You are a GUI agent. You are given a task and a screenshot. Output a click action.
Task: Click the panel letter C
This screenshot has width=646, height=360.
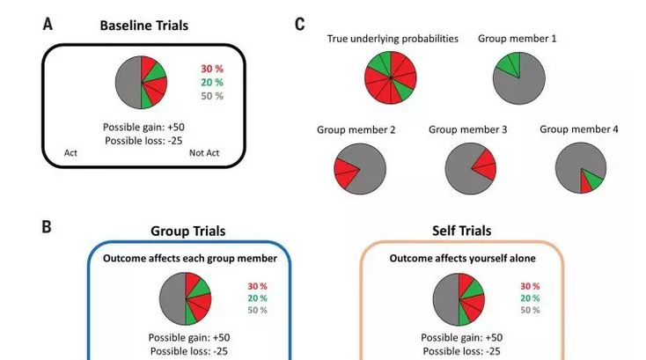coord(299,25)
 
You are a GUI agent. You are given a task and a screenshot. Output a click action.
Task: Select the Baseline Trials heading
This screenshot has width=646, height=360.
coord(143,26)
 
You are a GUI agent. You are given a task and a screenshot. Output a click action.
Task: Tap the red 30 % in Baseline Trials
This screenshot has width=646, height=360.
coord(212,68)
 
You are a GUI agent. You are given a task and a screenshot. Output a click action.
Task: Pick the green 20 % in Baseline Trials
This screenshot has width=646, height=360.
coord(212,82)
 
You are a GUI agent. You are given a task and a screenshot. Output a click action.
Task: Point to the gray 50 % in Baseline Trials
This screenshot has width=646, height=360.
coord(212,96)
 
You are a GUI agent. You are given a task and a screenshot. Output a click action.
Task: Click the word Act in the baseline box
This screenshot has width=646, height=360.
coord(71,153)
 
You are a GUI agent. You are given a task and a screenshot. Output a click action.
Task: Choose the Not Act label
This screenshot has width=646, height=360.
coord(203,153)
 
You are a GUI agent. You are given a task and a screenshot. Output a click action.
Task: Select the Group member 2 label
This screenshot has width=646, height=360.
coord(356,129)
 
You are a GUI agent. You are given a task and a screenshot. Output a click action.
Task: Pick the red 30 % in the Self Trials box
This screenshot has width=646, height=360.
coord(529,286)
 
